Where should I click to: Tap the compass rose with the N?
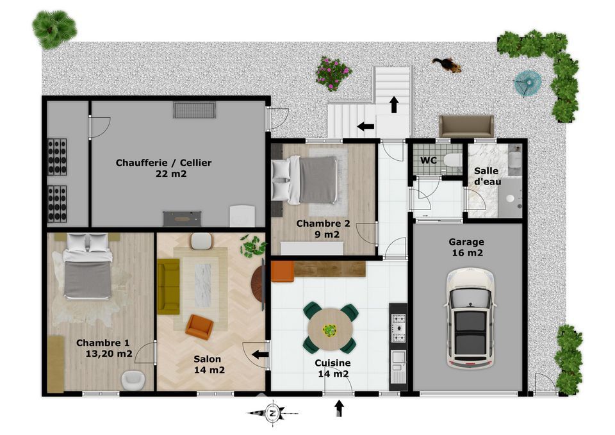point(272,413)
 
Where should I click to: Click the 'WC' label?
point(429,160)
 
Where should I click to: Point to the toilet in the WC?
point(454,160)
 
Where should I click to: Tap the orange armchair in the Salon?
point(199,327)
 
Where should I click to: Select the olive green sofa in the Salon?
point(168,286)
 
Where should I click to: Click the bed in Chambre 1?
point(88,267)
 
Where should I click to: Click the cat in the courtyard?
point(447,65)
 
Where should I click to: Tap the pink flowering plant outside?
point(333,74)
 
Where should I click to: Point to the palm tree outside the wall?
point(54,29)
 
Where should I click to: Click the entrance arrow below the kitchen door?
point(340,408)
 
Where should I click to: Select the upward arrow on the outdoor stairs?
point(394,104)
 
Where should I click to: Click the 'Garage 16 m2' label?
point(467,247)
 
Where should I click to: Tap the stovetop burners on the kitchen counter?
point(398,328)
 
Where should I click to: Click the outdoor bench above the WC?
point(466,126)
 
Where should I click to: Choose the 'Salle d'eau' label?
point(486,176)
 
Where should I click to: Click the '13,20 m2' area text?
point(109,354)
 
